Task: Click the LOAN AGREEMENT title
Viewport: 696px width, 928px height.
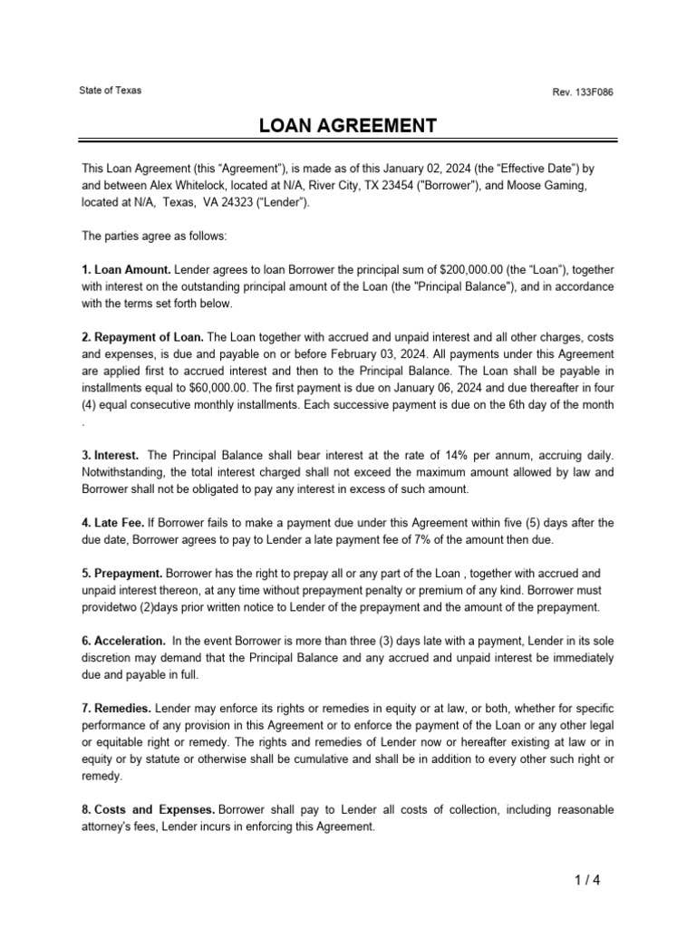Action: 348,125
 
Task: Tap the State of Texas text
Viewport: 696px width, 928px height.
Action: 111,91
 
